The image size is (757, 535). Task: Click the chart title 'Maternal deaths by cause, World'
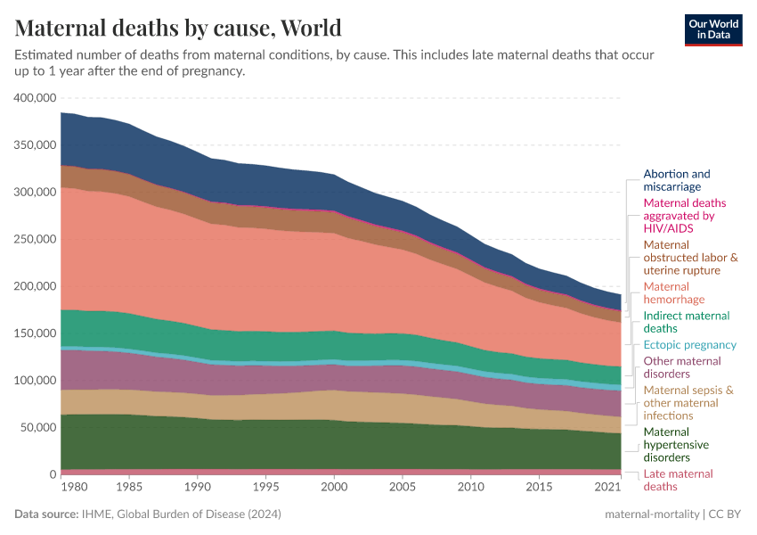click(x=178, y=28)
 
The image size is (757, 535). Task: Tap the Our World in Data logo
click(x=713, y=29)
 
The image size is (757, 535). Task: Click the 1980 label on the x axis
click(x=75, y=488)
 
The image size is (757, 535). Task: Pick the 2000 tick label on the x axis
click(x=333, y=488)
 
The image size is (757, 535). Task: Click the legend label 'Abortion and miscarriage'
click(x=677, y=180)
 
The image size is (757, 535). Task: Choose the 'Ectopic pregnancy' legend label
click(x=690, y=344)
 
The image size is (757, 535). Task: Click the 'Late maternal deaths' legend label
click(x=678, y=480)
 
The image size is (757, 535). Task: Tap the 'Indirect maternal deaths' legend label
click(x=686, y=322)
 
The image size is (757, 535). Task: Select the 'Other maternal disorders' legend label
click(x=681, y=367)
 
